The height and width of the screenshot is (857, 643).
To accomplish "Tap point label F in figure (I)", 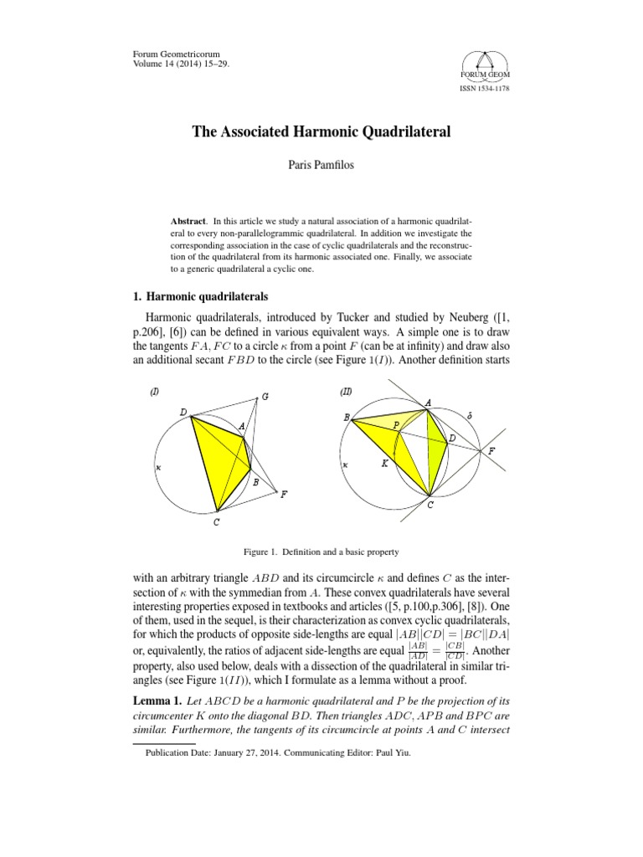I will pyautogui.click(x=284, y=494).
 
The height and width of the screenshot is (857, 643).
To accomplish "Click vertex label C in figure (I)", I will pyautogui.click(x=217, y=524).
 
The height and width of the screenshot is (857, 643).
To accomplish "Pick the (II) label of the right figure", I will pyautogui.click(x=346, y=392).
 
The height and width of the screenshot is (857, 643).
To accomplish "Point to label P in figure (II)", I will pyautogui.click(x=396, y=425).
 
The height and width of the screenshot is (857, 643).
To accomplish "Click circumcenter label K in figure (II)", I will pyautogui.click(x=383, y=462).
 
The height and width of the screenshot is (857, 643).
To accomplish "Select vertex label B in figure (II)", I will pyautogui.click(x=345, y=416).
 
